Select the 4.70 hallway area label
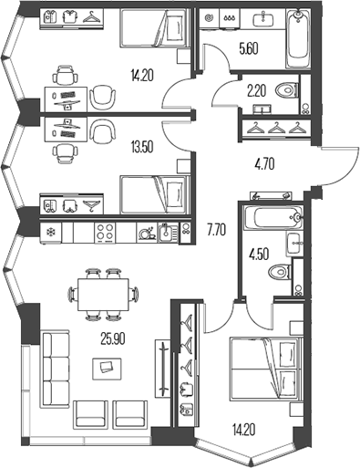pos(263,166)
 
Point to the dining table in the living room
pos(102,295)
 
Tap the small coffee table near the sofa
pos(108,367)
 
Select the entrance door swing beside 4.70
pos(334,164)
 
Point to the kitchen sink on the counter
pos(164,233)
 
